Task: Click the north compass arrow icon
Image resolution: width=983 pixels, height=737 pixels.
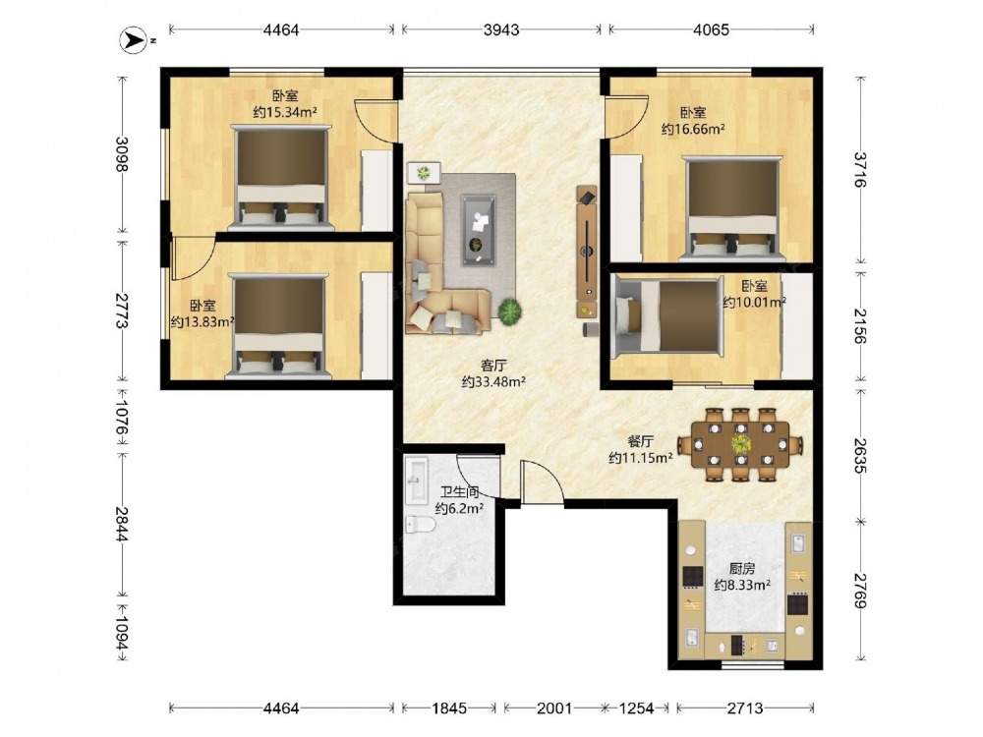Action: (132, 40)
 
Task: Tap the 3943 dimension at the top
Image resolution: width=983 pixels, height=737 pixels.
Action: (501, 29)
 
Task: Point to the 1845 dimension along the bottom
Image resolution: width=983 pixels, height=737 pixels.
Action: (449, 709)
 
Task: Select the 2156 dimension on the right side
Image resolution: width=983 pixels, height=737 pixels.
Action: (858, 326)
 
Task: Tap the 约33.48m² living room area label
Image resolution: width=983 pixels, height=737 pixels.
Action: (493, 381)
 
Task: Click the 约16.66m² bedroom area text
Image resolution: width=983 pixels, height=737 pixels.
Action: (693, 129)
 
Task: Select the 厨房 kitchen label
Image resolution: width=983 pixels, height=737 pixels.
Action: (741, 569)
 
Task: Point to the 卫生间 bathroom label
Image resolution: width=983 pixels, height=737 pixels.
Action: (459, 492)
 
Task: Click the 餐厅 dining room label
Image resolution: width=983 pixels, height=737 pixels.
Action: (641, 441)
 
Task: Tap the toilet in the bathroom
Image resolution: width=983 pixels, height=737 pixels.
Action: (420, 524)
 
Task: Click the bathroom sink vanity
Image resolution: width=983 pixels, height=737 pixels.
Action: (416, 481)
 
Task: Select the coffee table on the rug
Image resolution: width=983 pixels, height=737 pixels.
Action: (480, 230)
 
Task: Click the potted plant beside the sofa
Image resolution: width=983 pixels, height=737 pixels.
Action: (510, 311)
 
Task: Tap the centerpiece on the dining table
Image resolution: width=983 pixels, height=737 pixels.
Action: (740, 444)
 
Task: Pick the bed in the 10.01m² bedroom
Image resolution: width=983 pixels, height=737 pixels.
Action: (666, 316)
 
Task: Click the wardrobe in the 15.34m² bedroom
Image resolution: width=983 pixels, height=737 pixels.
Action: (376, 190)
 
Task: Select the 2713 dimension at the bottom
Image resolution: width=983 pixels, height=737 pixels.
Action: (745, 709)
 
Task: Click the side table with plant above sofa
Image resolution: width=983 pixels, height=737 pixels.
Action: (424, 172)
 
